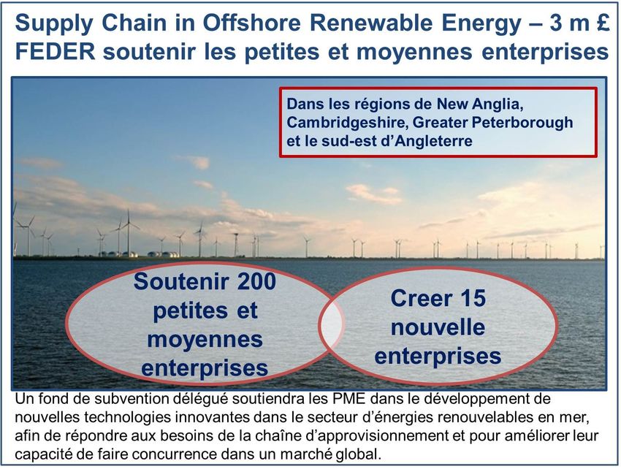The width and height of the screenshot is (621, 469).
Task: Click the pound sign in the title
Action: (x=601, y=23)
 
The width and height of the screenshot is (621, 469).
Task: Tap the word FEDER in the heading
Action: (x=56, y=51)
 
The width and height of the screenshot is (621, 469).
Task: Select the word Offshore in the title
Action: (x=252, y=23)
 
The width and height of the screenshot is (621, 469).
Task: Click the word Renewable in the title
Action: (x=371, y=23)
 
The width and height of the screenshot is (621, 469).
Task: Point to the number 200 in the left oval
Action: (x=256, y=282)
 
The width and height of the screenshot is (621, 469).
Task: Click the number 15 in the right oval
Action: (x=471, y=299)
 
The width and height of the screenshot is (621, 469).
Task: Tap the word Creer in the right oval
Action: (x=421, y=299)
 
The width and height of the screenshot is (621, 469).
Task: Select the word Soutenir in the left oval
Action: (x=181, y=282)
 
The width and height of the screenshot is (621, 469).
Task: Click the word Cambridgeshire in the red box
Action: (x=347, y=123)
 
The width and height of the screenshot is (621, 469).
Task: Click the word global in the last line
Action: (x=359, y=454)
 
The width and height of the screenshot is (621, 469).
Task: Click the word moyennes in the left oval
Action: (x=205, y=340)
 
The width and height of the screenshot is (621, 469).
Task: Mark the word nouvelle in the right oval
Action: (x=438, y=327)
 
